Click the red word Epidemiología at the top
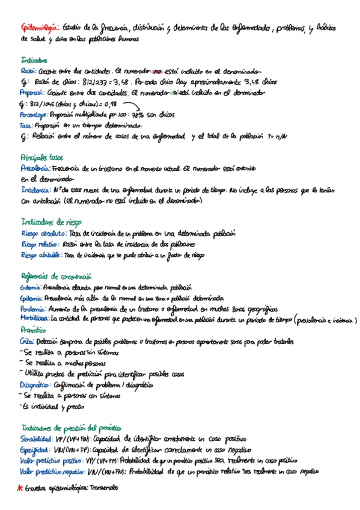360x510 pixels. point(39,26)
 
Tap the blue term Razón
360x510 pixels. point(28,71)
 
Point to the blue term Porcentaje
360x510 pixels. point(35,115)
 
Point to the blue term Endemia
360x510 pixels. point(31,288)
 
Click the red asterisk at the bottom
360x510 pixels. point(20,488)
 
